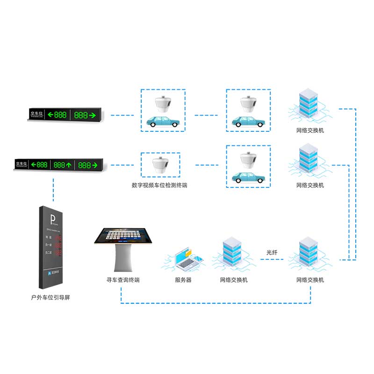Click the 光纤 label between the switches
[272, 252]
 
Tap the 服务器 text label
[183, 280]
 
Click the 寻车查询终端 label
[123, 280]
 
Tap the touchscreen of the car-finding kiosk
[122, 235]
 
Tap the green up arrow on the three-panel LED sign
[68, 165]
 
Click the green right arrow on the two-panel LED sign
[92, 115]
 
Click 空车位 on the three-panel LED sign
[22, 164]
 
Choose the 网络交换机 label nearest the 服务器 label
[234, 280]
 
